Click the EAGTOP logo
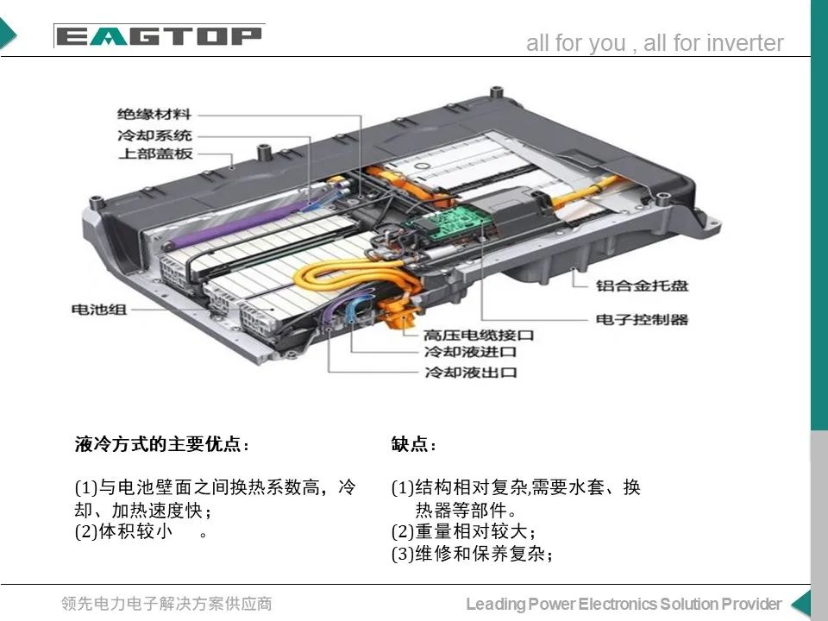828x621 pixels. [158, 36]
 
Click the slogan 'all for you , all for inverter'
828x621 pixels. [655, 44]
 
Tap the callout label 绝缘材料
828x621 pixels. [155, 114]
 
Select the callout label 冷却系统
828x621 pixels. [155, 135]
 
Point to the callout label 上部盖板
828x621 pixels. [155, 154]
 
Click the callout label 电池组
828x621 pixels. [98, 308]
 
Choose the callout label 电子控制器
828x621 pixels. [643, 319]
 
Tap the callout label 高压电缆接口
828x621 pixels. [479, 334]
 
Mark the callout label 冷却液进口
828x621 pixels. [470, 353]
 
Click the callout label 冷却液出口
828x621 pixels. [470, 373]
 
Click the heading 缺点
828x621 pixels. [414, 445]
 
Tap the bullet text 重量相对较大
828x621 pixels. [469, 531]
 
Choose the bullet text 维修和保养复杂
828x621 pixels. [478, 554]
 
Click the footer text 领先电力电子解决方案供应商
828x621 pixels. [166, 604]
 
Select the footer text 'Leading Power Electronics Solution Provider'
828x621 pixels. [624, 604]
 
